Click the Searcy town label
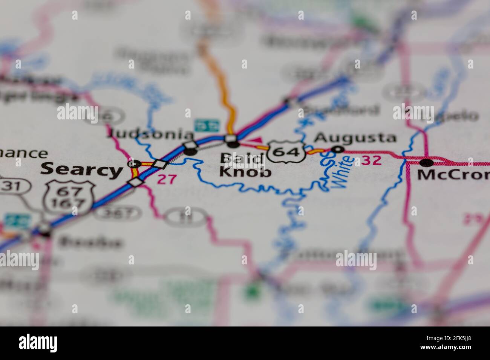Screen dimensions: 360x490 tap(81, 170)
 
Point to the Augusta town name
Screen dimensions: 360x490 tap(355, 138)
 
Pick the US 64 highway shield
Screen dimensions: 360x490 tap(288, 151)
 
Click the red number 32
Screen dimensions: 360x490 tap(372, 160)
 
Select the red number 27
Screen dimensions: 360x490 tap(167, 179)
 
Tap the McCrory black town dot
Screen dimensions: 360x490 tap(426, 163)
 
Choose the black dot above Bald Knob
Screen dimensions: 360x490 tap(234, 144)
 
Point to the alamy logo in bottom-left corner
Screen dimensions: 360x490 tap(38, 343)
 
